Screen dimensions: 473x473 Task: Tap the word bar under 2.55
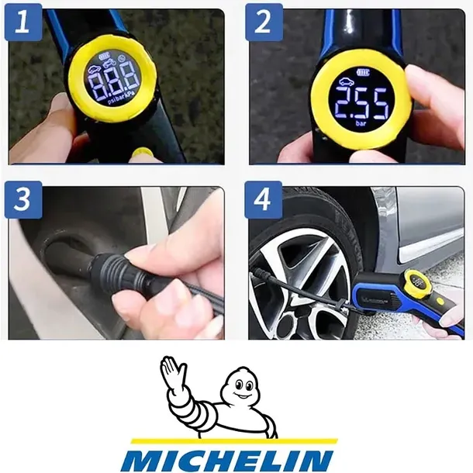(360, 123)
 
